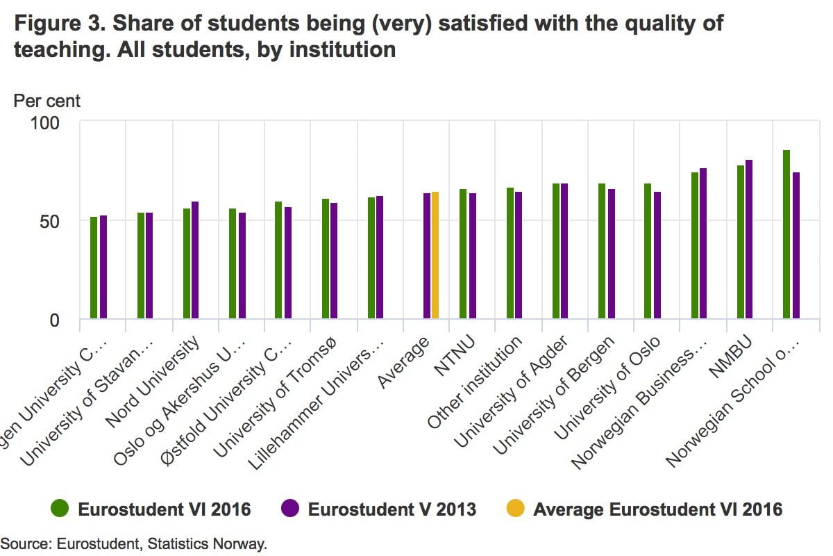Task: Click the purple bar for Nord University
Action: pyautogui.click(x=195, y=260)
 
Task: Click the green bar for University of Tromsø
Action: pyautogui.click(x=325, y=259)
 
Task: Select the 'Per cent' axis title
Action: pyautogui.click(x=47, y=101)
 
